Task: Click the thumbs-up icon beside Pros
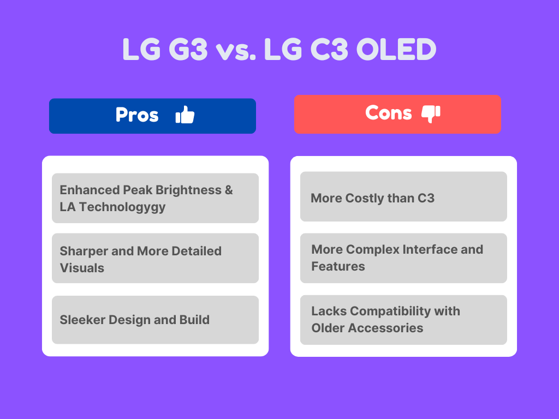[185, 115]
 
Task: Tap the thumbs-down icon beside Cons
[431, 113]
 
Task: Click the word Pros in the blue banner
[137, 115]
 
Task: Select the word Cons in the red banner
[388, 113]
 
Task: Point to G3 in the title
[187, 50]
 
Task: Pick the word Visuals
[82, 268]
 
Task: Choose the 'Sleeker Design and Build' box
[155, 320]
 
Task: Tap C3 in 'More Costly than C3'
[425, 198]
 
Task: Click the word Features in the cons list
[338, 266]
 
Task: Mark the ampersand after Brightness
[228, 190]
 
